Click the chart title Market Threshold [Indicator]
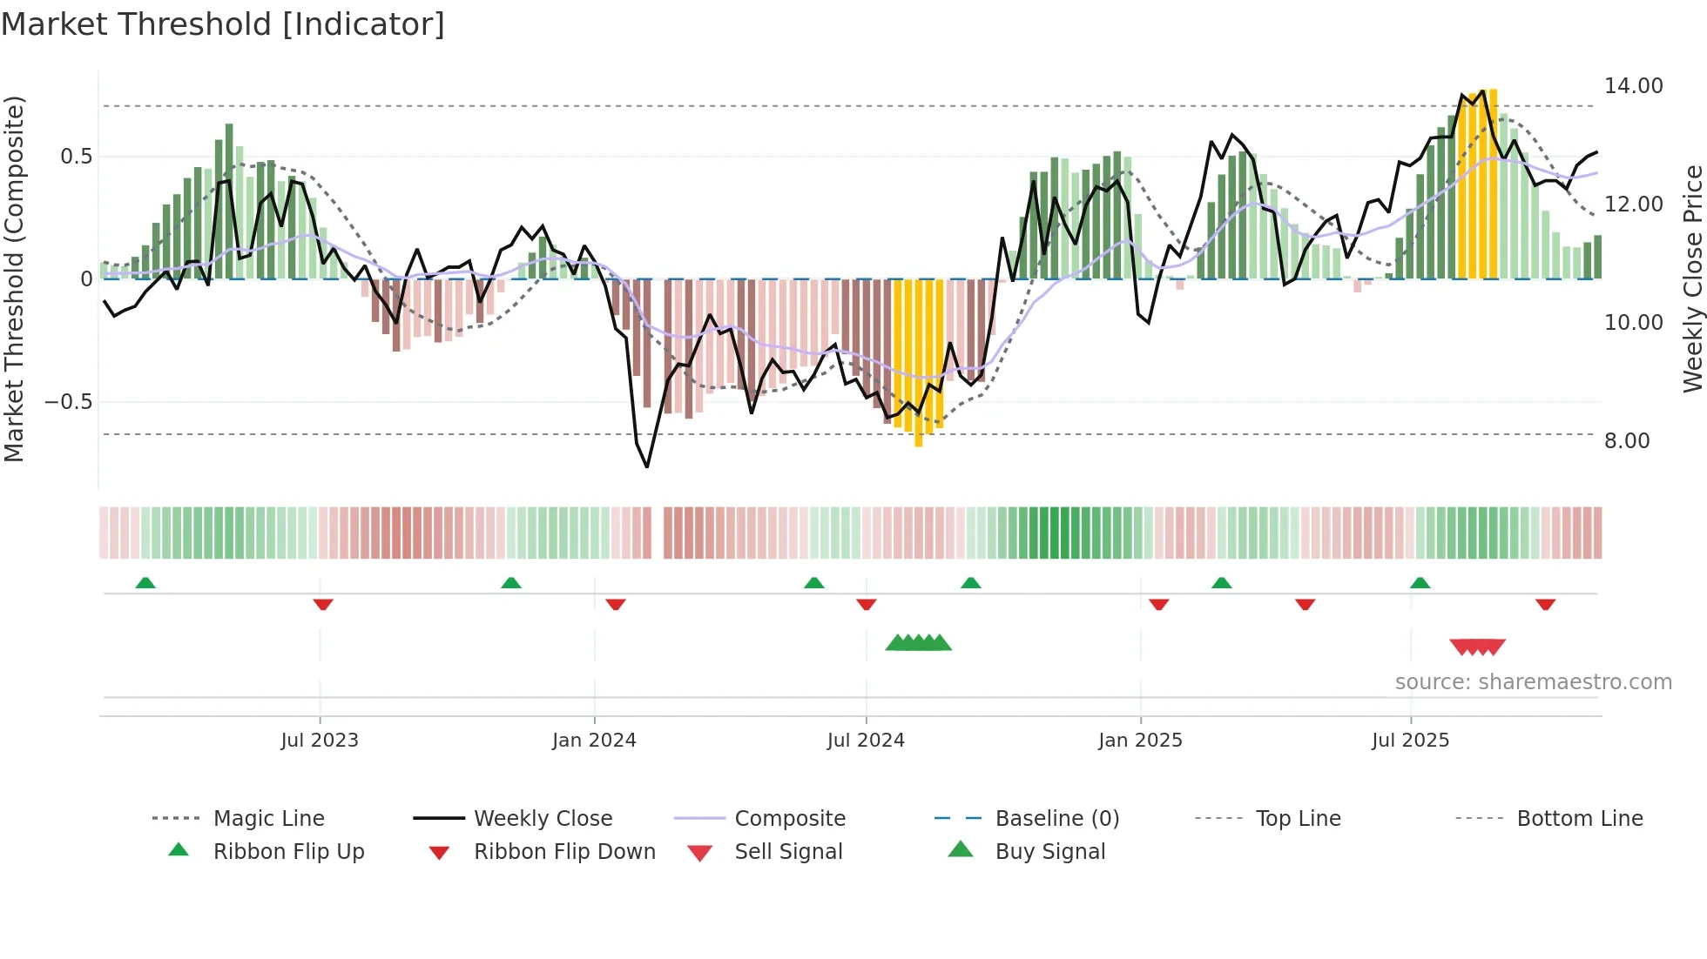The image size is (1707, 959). (x=223, y=24)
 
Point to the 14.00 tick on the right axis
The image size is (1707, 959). (x=1633, y=86)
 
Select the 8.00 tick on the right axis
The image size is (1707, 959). (x=1627, y=441)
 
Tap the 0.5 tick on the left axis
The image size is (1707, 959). (x=76, y=157)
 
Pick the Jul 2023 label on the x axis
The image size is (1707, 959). (x=320, y=741)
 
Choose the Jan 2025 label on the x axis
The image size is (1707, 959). (x=1140, y=741)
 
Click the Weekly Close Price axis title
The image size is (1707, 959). (x=1692, y=278)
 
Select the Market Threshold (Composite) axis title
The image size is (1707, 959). (x=14, y=278)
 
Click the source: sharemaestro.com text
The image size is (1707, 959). (x=1533, y=682)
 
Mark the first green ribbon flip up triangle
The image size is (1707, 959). (x=145, y=583)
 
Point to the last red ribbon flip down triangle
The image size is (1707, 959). (x=1545, y=604)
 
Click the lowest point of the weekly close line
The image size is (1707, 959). (x=647, y=467)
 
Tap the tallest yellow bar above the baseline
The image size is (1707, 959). (x=1493, y=183)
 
